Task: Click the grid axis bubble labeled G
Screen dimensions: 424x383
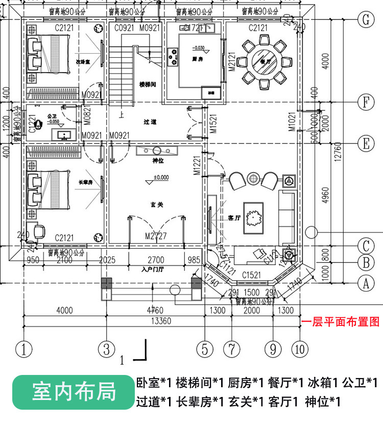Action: click(365, 20)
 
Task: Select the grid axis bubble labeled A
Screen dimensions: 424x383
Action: click(365, 281)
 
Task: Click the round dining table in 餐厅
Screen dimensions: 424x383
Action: click(264, 62)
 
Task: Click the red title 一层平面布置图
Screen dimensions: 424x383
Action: click(341, 322)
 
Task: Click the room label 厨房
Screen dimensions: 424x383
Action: click(198, 59)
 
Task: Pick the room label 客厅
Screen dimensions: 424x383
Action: click(234, 218)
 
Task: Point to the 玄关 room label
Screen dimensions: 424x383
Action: click(157, 204)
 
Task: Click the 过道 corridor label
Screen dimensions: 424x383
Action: click(150, 122)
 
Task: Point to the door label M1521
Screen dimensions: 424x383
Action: click(213, 123)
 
